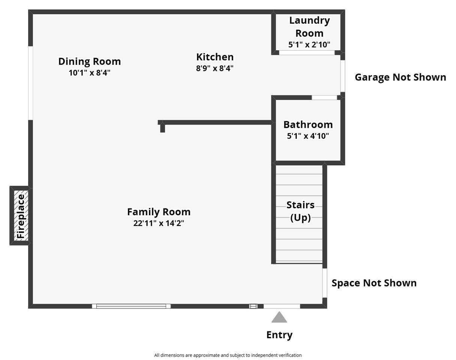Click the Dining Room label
[x=89, y=61]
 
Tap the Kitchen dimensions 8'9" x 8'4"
[x=214, y=68]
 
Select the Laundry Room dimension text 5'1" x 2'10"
[x=309, y=45]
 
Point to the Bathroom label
[x=308, y=124]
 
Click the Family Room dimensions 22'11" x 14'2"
[x=159, y=223]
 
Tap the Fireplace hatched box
[x=21, y=216]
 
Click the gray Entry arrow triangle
[x=279, y=317]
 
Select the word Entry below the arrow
[x=279, y=335]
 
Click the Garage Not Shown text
[x=400, y=77]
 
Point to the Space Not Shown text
[x=374, y=283]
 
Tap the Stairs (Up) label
[x=300, y=211]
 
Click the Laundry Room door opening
[x=307, y=52]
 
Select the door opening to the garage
[x=343, y=76]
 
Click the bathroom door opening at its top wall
[x=324, y=97]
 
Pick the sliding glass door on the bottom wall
[x=131, y=306]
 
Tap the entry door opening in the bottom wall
[x=282, y=306]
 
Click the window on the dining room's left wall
[x=31, y=83]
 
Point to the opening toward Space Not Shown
[x=325, y=283]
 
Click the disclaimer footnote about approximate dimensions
[x=228, y=355]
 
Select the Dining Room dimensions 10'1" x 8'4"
[x=89, y=73]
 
